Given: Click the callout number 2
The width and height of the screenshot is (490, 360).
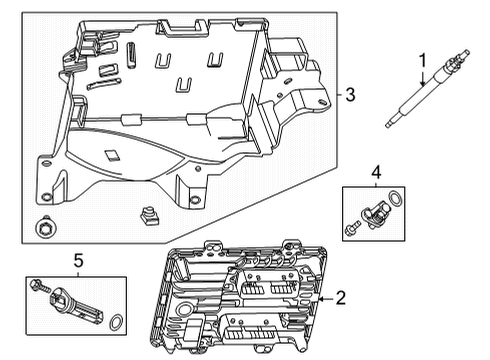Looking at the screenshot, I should tap(341, 297).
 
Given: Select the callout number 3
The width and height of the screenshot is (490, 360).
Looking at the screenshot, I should tap(349, 95).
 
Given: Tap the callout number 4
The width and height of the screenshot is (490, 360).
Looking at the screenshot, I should tap(375, 173).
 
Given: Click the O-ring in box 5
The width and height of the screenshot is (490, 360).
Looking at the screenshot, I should tap(116, 322).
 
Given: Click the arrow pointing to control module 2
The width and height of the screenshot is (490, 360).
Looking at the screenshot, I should tap(317, 297).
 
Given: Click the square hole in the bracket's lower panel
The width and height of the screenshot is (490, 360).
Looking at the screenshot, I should tap(113, 156).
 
